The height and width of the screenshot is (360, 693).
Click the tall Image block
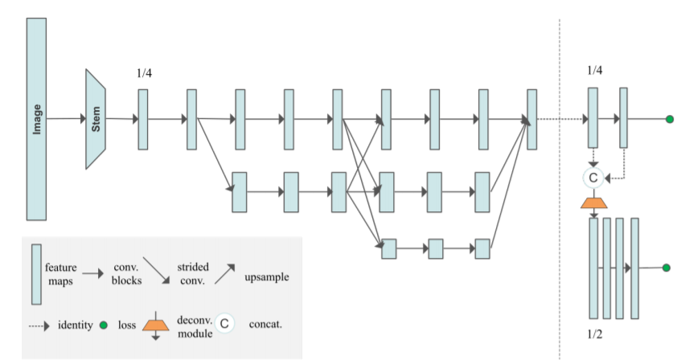tap(36, 119)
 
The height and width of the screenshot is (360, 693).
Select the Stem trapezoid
tap(96, 119)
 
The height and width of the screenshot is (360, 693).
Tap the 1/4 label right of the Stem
tap(145, 73)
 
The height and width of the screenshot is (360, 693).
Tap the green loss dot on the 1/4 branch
tap(669, 120)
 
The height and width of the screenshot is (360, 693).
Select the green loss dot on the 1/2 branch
tap(666, 268)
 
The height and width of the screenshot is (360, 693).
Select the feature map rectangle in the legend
tap(36, 275)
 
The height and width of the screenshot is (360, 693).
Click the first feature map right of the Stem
tap(143, 119)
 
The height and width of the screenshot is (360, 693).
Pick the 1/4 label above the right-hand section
tap(595, 71)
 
